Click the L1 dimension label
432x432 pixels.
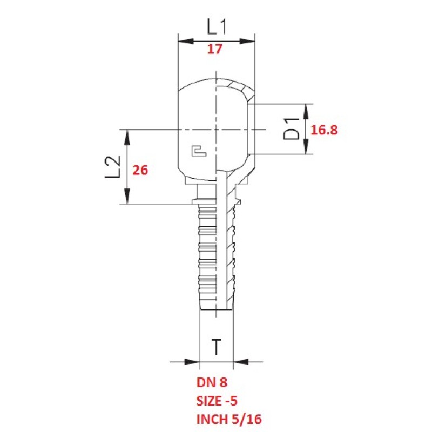[x=217, y=27]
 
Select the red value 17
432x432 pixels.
[x=214, y=49]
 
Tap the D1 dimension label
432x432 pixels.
[x=291, y=129]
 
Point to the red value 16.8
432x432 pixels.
[x=324, y=130]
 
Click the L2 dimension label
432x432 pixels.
[x=113, y=167]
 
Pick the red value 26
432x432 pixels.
[x=140, y=170]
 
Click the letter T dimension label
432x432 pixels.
[x=217, y=347]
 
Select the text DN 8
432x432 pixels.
[x=212, y=382]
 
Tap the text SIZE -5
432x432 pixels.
[x=217, y=401]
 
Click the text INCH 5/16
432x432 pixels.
[x=229, y=420]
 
